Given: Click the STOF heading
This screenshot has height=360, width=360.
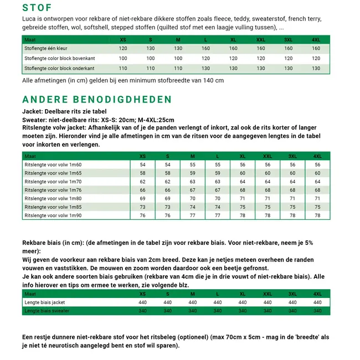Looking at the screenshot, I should [x=37, y=8].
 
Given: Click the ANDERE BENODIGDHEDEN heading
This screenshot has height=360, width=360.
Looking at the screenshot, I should [x=97, y=100].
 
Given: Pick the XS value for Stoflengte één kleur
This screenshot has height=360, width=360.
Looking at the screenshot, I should [x=123, y=49].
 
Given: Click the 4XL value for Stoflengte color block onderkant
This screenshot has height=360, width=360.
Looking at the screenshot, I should [x=316, y=69].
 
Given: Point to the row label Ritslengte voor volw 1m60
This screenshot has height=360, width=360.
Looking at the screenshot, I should [x=53, y=165].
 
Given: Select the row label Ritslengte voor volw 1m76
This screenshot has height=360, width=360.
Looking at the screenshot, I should [x=53, y=190].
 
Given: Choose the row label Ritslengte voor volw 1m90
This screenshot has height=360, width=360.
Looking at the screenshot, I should [x=53, y=215].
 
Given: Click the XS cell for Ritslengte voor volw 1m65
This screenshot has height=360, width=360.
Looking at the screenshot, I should [x=142, y=173].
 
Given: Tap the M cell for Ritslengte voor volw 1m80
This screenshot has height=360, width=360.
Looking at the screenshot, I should [x=192, y=198].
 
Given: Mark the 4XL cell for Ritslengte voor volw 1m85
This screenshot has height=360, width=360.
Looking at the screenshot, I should [x=317, y=207].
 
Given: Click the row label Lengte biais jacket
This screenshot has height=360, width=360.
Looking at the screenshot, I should [x=45, y=303].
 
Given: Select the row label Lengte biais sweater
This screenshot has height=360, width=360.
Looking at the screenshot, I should [x=47, y=311].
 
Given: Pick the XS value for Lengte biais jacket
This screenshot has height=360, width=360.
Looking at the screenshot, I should [x=142, y=303].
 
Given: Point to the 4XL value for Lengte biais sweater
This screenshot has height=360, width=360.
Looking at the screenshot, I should [x=317, y=311].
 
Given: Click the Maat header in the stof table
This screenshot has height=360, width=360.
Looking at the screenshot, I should [x=30, y=39].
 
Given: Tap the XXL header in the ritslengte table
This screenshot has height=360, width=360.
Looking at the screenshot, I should [x=268, y=156].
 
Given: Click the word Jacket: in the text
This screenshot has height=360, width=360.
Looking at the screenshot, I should [x=34, y=111].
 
